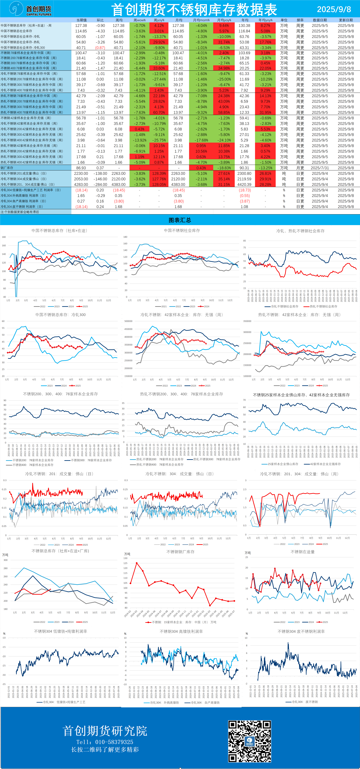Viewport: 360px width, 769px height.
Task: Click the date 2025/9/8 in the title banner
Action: tap(334, 9)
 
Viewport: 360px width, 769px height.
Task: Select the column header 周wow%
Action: tap(139, 20)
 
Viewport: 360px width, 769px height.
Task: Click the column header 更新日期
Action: tap(346, 20)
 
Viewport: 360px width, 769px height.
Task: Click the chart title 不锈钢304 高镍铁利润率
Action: tap(181, 631)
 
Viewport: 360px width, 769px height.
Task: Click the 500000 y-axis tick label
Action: tap(128, 321)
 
